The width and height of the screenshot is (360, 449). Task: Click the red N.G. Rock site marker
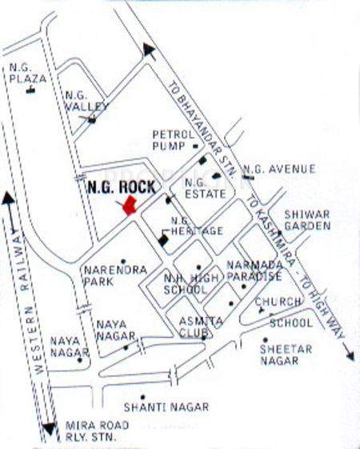coord(130,206)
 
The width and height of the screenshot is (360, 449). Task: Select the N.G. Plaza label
coord(26,73)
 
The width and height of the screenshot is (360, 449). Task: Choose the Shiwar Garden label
coord(308,220)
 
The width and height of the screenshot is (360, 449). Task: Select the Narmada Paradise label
coord(254,271)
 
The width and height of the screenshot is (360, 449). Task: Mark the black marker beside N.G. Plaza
coord(31,90)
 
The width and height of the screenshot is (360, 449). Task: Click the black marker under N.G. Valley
coord(92,120)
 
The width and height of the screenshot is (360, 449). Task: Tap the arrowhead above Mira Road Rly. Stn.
coord(50,428)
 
